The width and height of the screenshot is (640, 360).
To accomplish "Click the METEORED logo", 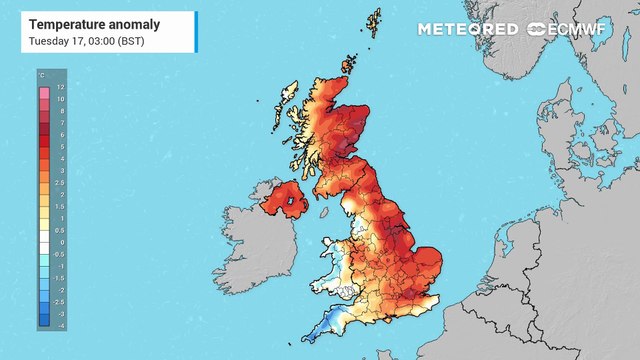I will pyautogui.click(x=468, y=29).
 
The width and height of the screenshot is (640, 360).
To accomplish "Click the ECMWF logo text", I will pyautogui.click(x=585, y=29).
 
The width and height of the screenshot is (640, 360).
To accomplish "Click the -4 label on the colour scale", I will pyautogui.click(x=60, y=326).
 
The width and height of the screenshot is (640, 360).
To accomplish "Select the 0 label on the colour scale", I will pyautogui.click(x=60, y=242).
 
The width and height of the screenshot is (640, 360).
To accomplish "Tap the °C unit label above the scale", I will pyautogui.click(x=41, y=75).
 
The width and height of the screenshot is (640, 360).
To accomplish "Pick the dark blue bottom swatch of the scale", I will pyautogui.click(x=44, y=321).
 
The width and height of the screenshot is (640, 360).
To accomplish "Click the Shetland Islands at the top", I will pyautogui.click(x=374, y=24).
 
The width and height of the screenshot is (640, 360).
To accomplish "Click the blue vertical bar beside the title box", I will pyautogui.click(x=197, y=30).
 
